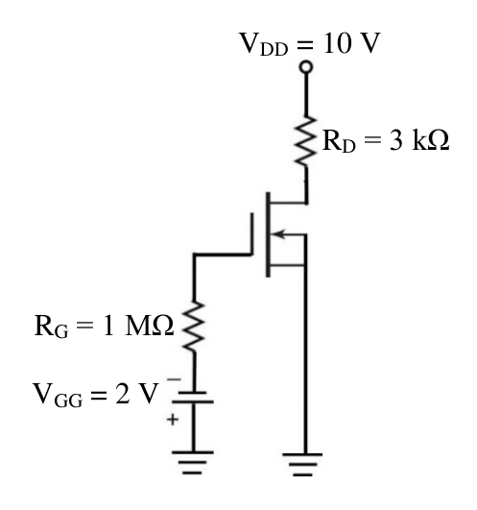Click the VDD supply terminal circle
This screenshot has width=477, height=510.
306,67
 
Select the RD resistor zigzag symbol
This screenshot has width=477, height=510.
306,140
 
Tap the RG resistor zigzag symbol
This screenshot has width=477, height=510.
194,327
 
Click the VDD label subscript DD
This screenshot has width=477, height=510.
274,49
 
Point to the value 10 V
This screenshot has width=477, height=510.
351,43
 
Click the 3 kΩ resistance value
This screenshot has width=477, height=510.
419,140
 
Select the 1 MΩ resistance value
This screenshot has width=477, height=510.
138,326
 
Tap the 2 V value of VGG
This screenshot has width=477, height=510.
137,393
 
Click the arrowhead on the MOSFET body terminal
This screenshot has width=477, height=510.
278,233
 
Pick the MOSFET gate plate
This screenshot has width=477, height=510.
251,233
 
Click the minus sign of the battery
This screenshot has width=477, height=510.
174,379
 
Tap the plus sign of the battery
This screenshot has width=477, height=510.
173,420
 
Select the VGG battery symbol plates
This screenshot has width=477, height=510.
193,398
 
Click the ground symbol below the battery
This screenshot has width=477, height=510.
193,463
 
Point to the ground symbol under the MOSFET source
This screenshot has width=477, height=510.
302,465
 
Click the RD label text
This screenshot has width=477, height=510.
339,141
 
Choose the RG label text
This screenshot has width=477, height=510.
51,327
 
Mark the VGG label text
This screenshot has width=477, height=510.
58,395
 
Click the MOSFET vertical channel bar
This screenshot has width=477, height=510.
268,234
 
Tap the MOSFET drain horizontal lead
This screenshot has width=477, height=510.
289,203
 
